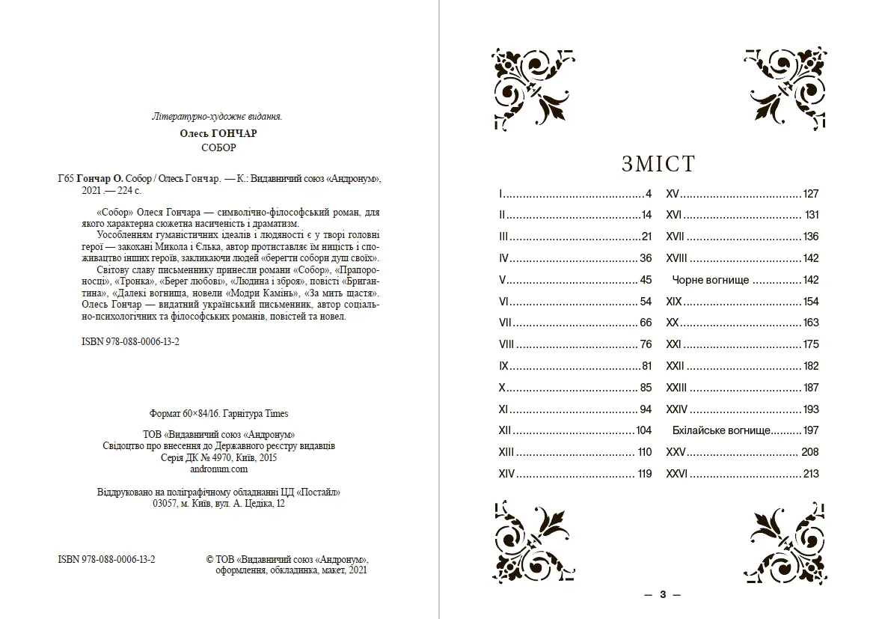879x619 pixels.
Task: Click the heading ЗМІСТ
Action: (x=658, y=164)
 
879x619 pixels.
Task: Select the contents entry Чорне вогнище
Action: (x=711, y=280)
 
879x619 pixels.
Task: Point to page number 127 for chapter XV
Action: (x=810, y=194)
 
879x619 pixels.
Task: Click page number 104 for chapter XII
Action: (x=643, y=430)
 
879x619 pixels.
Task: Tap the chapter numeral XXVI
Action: (x=677, y=474)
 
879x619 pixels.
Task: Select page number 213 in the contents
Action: (x=810, y=474)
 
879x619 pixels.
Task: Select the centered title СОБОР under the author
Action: (x=218, y=147)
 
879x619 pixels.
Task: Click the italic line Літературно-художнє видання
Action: (x=217, y=117)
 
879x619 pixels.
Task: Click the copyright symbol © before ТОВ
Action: (x=209, y=559)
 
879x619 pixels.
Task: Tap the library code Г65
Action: (x=66, y=180)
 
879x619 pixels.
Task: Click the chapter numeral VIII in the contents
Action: (x=506, y=344)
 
